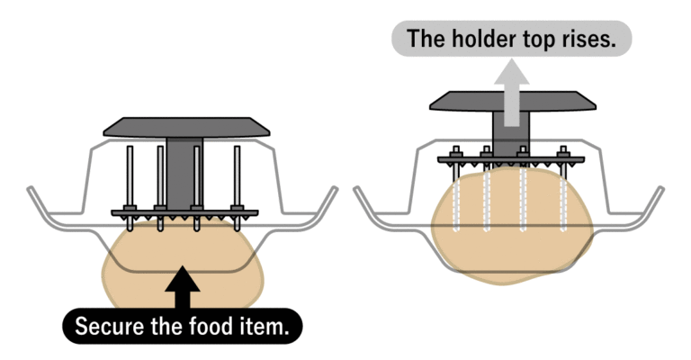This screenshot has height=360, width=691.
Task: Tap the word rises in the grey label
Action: point(597,39)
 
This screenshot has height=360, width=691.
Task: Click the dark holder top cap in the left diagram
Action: point(186,128)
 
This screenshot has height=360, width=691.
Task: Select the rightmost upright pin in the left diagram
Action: point(238,176)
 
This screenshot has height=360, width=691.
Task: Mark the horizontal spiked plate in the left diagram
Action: point(185,213)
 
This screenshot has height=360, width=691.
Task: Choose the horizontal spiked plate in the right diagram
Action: point(511,159)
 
